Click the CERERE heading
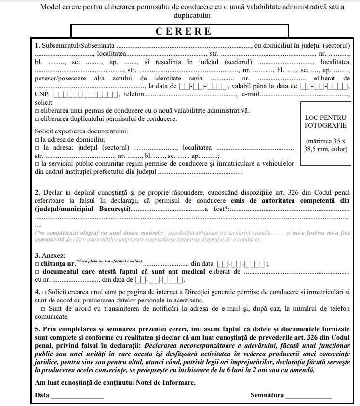[x=184, y=31]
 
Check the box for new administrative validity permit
[x=37, y=111]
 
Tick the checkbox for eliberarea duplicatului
[x=37, y=119]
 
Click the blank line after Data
[x=78, y=396]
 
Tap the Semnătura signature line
[x=308, y=396]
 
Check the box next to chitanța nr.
[x=37, y=264]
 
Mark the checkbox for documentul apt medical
[x=37, y=272]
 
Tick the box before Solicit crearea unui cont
[x=44, y=292]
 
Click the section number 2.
[x=37, y=192]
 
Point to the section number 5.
[x=37, y=328]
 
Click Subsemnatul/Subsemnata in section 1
[x=78, y=45]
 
